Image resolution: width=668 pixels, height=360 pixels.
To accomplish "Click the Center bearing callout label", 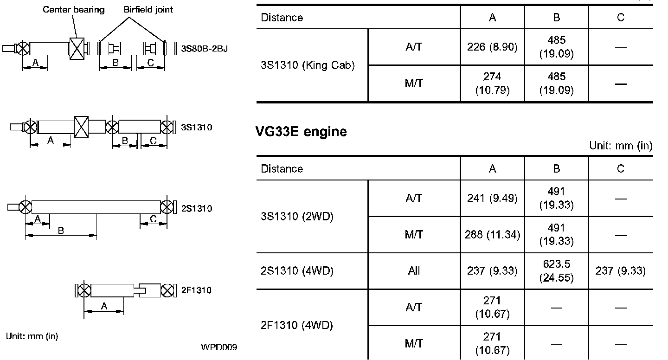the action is click(74, 9).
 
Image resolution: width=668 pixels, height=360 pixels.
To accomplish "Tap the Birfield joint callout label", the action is click(148, 9).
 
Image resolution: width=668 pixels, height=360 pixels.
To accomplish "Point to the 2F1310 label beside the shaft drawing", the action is click(196, 290).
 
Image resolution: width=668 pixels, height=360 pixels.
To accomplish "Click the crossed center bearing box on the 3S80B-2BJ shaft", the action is click(77, 48).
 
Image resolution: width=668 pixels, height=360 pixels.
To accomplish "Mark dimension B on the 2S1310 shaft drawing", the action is click(61, 231).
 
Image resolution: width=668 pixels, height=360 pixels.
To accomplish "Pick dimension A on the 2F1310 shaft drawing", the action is click(104, 306).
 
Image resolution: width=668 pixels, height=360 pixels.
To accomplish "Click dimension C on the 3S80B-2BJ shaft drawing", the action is click(150, 64).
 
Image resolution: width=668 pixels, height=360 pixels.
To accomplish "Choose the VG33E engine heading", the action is click(301, 132).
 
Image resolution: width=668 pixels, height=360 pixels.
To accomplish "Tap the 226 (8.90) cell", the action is click(492, 47).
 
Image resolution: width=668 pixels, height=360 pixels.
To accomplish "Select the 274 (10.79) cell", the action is click(492, 83).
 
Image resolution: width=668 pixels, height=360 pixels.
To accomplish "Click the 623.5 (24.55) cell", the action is click(556, 271).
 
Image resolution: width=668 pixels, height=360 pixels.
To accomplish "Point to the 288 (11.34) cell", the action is click(492, 235).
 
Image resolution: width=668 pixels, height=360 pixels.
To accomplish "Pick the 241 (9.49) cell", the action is click(492, 199).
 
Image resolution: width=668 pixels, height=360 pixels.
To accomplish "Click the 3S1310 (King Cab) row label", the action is click(308, 65).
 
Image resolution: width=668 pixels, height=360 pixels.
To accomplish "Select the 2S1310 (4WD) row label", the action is click(297, 271).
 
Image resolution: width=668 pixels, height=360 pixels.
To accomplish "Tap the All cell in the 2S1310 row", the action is click(414, 271).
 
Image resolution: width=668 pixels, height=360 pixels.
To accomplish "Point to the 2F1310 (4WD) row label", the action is click(297, 325).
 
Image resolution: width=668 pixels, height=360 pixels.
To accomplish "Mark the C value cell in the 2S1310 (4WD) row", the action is click(620, 271).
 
